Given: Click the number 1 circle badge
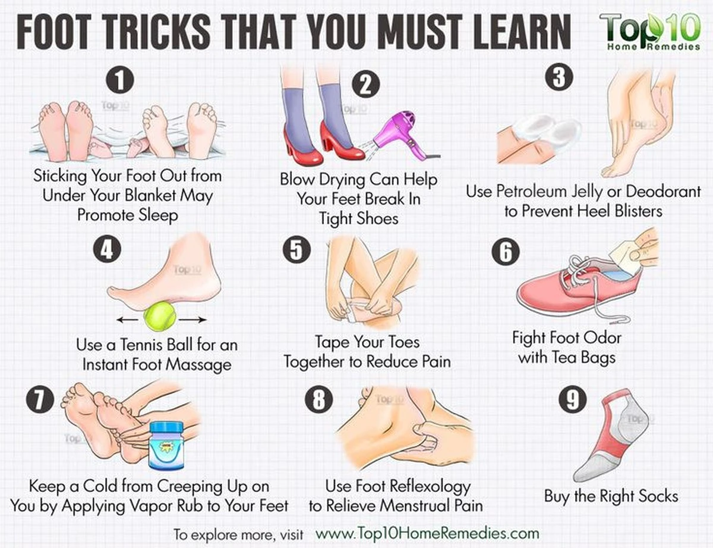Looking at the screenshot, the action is point(120,80).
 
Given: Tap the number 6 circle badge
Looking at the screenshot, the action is point(505,252).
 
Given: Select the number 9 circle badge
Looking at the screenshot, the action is point(573,399).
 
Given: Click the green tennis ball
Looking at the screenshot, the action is point(160,317).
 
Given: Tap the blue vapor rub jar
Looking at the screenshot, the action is point(166,445).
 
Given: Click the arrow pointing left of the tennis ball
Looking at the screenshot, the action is point(127,320).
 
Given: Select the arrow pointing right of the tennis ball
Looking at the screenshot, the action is point(193,320).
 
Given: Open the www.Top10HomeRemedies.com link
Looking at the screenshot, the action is point(427,533).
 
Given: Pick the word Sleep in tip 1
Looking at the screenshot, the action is point(158,215).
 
